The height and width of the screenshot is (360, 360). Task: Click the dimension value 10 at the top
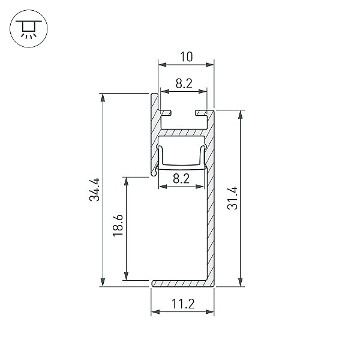(x=186, y=57)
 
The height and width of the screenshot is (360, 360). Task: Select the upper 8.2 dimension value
(x=184, y=83)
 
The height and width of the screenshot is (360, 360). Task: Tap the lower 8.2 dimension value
(x=181, y=179)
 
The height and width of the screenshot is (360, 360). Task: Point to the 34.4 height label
(x=95, y=190)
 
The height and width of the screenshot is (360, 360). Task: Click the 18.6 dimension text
(x=118, y=225)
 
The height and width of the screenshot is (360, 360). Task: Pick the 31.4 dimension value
(x=232, y=198)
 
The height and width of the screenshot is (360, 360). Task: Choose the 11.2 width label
(x=183, y=304)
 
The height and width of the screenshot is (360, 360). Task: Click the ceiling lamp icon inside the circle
(x=29, y=29)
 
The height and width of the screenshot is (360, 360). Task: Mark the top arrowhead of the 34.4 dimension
(x=103, y=97)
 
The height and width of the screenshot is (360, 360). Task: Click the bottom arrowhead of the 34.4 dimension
(x=103, y=283)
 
